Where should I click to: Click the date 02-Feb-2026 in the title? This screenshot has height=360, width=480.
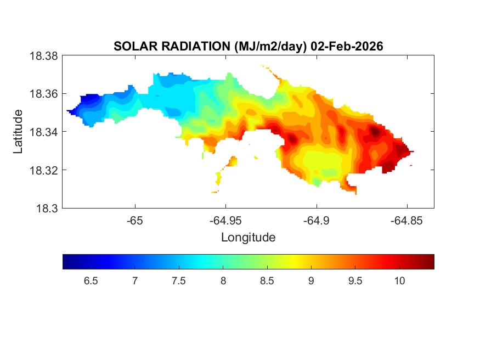(x=347, y=47)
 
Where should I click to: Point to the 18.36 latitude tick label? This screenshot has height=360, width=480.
(x=44, y=94)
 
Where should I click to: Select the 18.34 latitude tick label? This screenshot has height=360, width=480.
(x=44, y=132)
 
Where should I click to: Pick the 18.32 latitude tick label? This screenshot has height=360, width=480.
(x=44, y=170)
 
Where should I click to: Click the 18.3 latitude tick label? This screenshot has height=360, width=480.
(x=47, y=208)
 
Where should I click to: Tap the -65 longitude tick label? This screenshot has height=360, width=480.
(x=135, y=221)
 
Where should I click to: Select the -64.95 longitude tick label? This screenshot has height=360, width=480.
(x=225, y=221)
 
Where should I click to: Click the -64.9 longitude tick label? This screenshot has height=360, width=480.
(x=316, y=221)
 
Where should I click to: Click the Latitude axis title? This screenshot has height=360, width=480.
(x=19, y=132)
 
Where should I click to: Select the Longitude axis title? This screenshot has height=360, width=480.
(x=248, y=238)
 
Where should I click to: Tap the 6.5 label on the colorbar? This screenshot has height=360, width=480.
(x=91, y=282)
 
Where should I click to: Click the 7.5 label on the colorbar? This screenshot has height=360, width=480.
(x=179, y=282)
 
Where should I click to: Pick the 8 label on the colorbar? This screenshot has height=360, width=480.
(x=223, y=282)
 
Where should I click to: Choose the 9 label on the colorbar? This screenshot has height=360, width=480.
(x=311, y=282)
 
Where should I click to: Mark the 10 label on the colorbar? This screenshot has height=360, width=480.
(x=399, y=282)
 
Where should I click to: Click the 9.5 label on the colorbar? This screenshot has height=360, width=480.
(x=355, y=282)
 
